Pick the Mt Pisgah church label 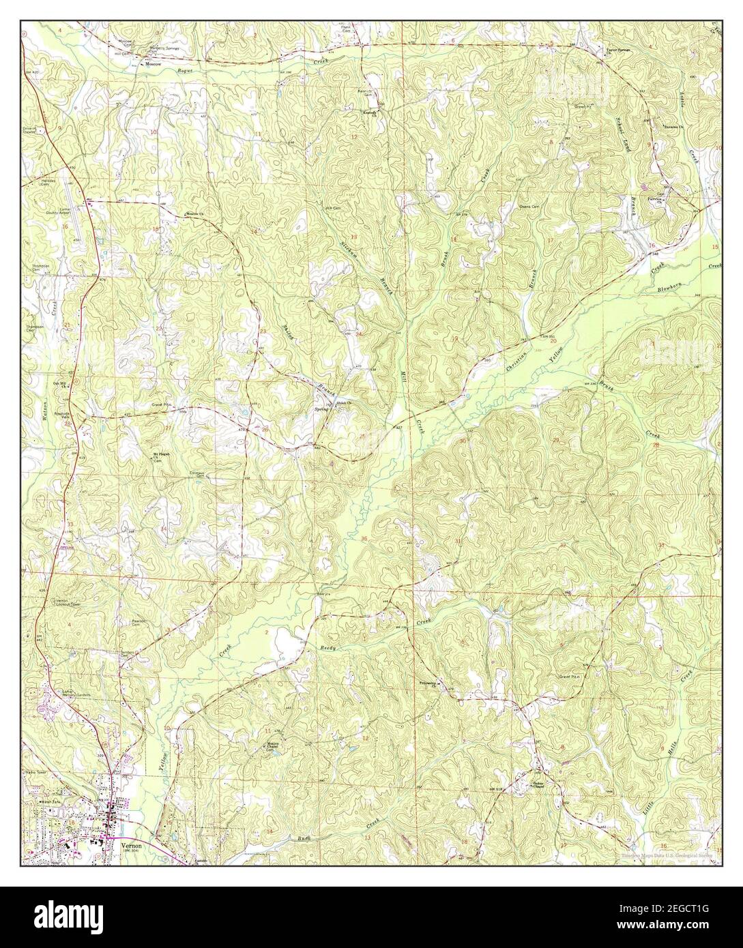tap(158, 455)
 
